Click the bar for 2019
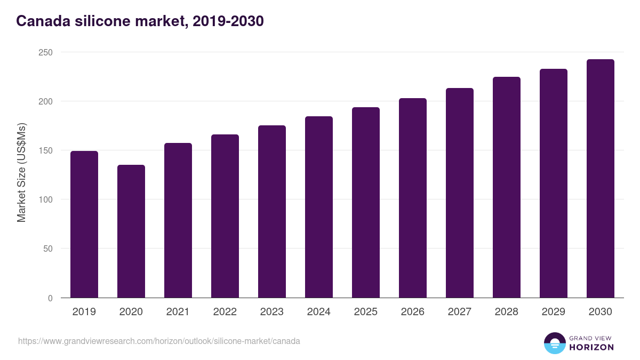84,224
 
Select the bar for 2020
131,231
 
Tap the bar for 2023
272,211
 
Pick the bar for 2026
413,198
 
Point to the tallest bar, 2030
601,179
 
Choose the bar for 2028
507,187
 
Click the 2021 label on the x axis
178,311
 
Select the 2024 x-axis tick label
319,311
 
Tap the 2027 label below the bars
460,311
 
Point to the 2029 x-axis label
554,311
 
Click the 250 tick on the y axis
45,52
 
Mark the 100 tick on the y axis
45,199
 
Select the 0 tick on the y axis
50,298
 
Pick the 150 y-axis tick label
45,150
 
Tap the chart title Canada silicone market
140,21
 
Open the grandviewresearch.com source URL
159,341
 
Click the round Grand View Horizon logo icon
555,343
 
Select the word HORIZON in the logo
591,347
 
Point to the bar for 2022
225,216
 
